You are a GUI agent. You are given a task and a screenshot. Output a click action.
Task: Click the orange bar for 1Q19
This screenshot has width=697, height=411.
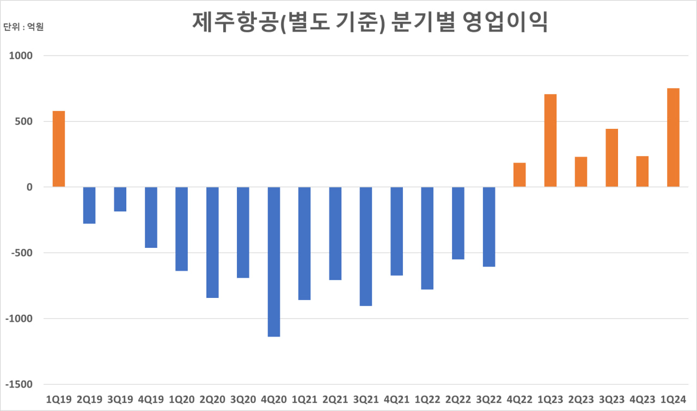[x=59, y=149]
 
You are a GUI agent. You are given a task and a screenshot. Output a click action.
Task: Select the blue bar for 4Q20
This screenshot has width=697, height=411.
[x=274, y=261]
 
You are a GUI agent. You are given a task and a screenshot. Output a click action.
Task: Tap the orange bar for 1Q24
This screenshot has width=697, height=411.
[x=673, y=138]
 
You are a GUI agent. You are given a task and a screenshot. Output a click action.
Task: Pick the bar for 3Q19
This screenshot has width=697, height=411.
[x=120, y=199]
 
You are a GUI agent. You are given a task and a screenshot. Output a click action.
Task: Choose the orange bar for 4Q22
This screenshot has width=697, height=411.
[x=519, y=175]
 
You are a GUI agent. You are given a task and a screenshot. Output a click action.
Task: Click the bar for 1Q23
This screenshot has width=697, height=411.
[x=550, y=141]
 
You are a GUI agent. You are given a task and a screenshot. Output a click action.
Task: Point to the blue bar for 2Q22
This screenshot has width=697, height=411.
[x=458, y=223]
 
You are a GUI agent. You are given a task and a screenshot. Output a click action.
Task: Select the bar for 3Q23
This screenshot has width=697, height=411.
[x=612, y=158]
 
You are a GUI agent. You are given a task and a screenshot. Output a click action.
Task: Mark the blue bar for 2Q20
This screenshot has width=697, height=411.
[x=212, y=242]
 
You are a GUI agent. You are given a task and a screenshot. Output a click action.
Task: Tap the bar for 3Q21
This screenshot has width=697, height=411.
[x=366, y=246]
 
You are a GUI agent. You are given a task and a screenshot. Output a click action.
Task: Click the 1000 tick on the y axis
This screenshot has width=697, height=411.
[x=21, y=55]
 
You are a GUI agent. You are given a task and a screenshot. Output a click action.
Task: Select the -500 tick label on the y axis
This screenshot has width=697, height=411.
[x=21, y=253]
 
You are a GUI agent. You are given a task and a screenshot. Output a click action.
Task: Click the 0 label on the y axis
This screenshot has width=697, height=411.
[x=30, y=187]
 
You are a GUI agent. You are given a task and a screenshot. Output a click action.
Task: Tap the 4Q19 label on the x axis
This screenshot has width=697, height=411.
[x=151, y=399]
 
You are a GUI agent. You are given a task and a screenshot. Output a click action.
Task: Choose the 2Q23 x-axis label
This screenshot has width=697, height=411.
[x=581, y=399]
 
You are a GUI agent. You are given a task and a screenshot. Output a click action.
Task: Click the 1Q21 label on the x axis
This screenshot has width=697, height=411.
[x=304, y=399]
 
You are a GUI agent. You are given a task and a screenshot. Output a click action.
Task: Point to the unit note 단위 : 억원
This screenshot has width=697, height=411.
[x=23, y=27]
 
